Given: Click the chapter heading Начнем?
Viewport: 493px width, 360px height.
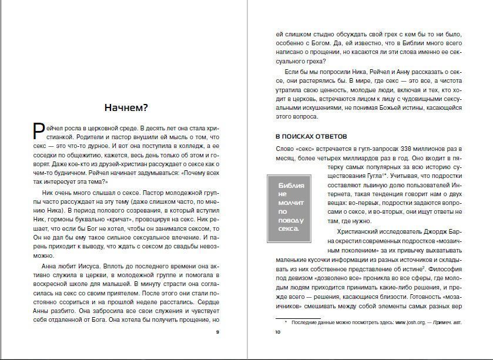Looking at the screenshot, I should [126, 107].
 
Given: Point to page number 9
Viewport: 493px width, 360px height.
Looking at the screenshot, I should [217, 333].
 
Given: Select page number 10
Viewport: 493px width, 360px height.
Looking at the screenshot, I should [278, 333].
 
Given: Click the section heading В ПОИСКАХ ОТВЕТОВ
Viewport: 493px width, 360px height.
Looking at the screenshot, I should [311, 136].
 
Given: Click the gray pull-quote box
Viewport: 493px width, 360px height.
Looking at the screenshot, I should [292, 208].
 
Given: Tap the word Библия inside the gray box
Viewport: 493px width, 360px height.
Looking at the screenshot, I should [291, 186].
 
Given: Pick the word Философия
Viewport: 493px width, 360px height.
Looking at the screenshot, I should [447, 268].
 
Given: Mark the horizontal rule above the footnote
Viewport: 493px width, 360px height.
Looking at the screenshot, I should [299, 317].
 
